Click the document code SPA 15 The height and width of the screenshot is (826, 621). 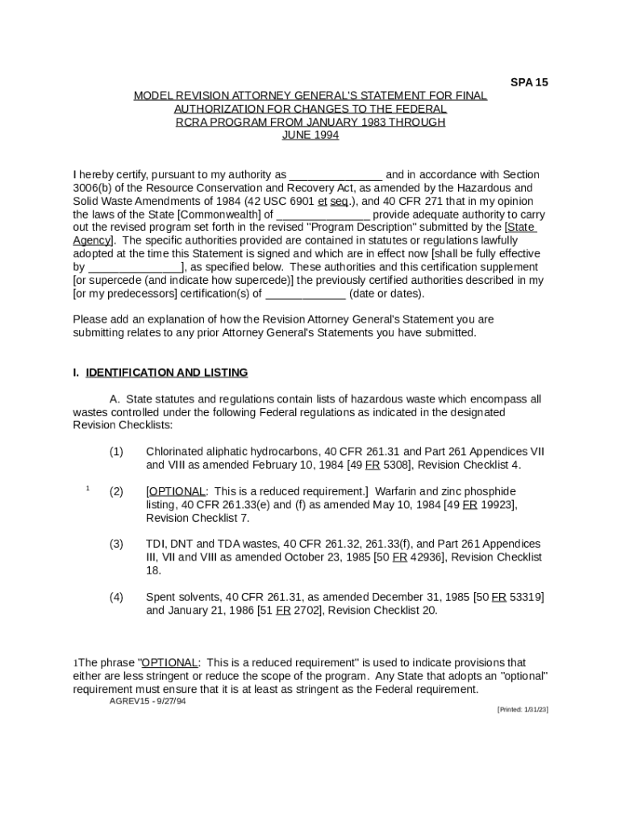(x=529, y=82)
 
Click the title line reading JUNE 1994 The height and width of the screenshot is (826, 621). (x=310, y=135)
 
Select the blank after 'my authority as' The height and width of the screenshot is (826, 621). (x=336, y=175)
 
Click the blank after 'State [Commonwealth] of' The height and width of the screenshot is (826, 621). (x=323, y=215)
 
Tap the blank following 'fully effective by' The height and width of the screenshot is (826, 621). (x=135, y=267)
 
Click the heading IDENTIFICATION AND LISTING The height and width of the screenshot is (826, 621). (x=167, y=373)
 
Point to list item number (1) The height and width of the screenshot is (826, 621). (x=116, y=452)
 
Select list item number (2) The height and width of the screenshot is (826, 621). (x=116, y=491)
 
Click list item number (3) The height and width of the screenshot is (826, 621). (x=116, y=544)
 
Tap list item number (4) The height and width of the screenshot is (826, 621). (x=116, y=597)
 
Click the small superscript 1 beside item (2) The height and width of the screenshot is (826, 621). (x=87, y=488)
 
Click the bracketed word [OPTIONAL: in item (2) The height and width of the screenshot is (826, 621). (x=177, y=491)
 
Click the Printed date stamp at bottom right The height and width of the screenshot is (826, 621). (x=523, y=709)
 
